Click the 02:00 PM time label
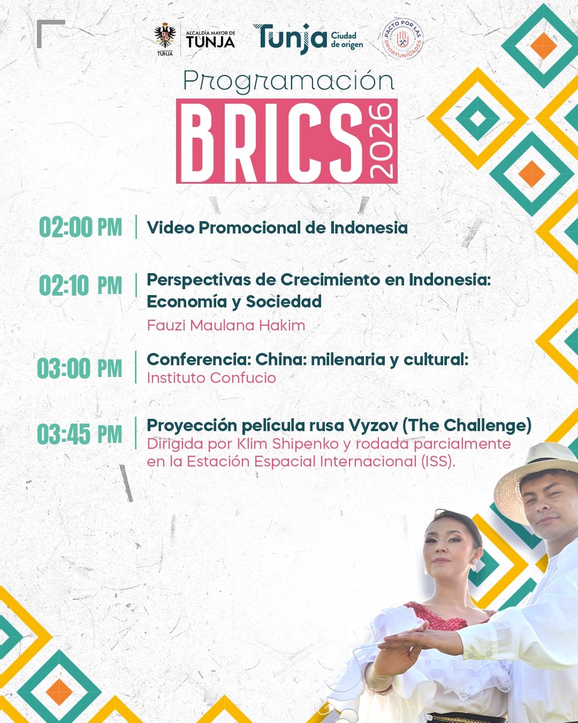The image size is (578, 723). pyautogui.click(x=81, y=228)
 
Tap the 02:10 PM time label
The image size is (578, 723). pyautogui.click(x=81, y=285)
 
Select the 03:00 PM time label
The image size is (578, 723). pyautogui.click(x=80, y=368)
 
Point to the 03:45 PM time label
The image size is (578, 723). pyautogui.click(x=80, y=434)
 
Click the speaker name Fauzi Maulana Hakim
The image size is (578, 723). pyautogui.click(x=226, y=325)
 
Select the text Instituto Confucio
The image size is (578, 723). pyautogui.click(x=211, y=378)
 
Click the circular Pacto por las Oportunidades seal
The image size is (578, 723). pyautogui.click(x=402, y=39)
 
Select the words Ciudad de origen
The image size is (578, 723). pyautogui.click(x=347, y=40)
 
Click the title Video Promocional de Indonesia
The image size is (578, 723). pyautogui.click(x=277, y=228)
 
